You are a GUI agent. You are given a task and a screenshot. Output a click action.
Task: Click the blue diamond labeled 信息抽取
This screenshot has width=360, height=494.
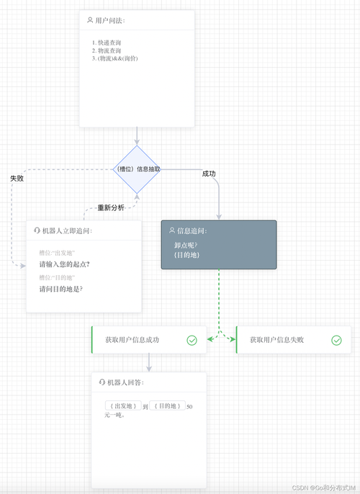click(x=137, y=169)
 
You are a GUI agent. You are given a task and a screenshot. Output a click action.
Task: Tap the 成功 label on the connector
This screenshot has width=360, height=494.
click(x=209, y=174)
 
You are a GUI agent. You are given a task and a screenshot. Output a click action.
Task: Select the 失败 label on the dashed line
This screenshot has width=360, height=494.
click(x=17, y=177)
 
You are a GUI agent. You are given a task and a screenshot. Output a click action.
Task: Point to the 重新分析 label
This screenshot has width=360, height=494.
click(x=111, y=208)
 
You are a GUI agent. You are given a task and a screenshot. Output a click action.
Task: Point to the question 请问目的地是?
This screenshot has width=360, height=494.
click(x=60, y=289)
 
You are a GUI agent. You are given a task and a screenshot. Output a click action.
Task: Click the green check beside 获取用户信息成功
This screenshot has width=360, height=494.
click(x=192, y=340)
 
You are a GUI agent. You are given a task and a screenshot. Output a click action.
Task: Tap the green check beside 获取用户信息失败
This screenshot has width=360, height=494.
click(x=336, y=340)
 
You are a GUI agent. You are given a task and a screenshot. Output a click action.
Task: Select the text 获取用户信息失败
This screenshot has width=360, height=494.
click(x=276, y=340)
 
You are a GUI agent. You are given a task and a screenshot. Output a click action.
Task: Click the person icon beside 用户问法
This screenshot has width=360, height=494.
click(x=89, y=21)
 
